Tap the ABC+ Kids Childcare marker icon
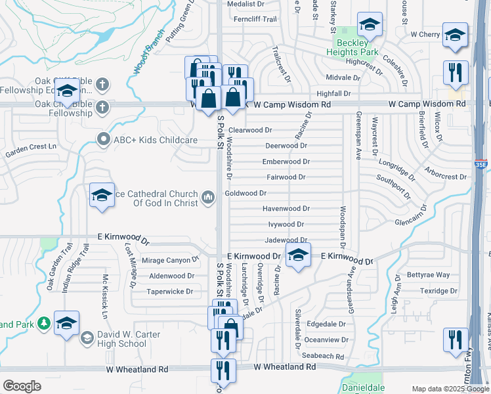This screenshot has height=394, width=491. point(102,140)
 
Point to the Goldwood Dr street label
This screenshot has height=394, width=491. point(245,193)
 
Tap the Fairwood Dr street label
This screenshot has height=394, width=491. point(286,177)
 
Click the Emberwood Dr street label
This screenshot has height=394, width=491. point(286,162)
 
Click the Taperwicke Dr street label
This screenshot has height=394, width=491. point(169,292)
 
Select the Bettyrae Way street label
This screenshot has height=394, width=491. point(428,274)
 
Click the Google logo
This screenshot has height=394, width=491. point(22,385)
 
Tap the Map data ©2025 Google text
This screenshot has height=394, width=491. point(450,389)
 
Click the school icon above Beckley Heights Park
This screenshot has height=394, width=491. point(370,26)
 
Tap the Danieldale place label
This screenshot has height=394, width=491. point(362,388)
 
